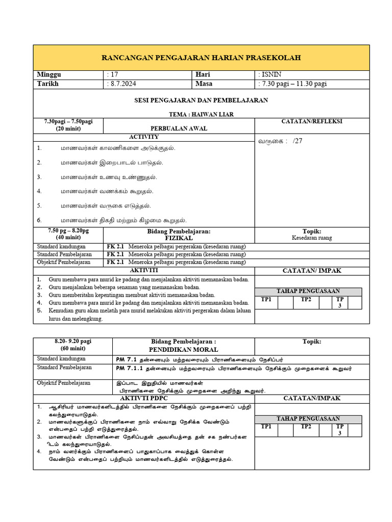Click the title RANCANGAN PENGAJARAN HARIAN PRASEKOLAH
(202, 58)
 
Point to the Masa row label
(204, 84)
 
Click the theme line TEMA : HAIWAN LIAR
(201, 114)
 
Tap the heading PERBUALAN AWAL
(179, 128)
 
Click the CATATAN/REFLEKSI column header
(312, 121)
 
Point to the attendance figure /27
(298, 141)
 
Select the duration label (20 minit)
(68, 129)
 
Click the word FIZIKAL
(179, 238)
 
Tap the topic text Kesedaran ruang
(312, 238)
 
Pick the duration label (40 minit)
(68, 238)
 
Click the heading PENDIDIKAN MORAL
(183, 349)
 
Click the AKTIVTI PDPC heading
(144, 398)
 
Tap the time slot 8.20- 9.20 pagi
(72, 341)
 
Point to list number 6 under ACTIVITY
(39, 220)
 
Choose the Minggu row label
(48, 74)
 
